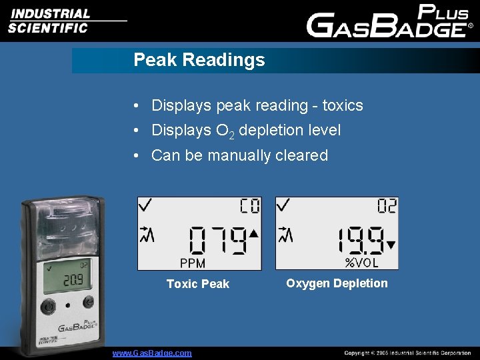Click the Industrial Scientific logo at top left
tap(50, 20)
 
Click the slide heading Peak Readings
tap(199, 60)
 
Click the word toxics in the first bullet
tap(343, 105)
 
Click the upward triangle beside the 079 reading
tap(253, 234)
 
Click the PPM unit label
tap(193, 263)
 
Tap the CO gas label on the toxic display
tap(250, 206)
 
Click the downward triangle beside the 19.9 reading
tap(391, 245)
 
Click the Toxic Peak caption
tap(197, 284)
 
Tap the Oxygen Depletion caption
tap(337, 283)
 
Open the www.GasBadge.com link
tap(152, 353)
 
